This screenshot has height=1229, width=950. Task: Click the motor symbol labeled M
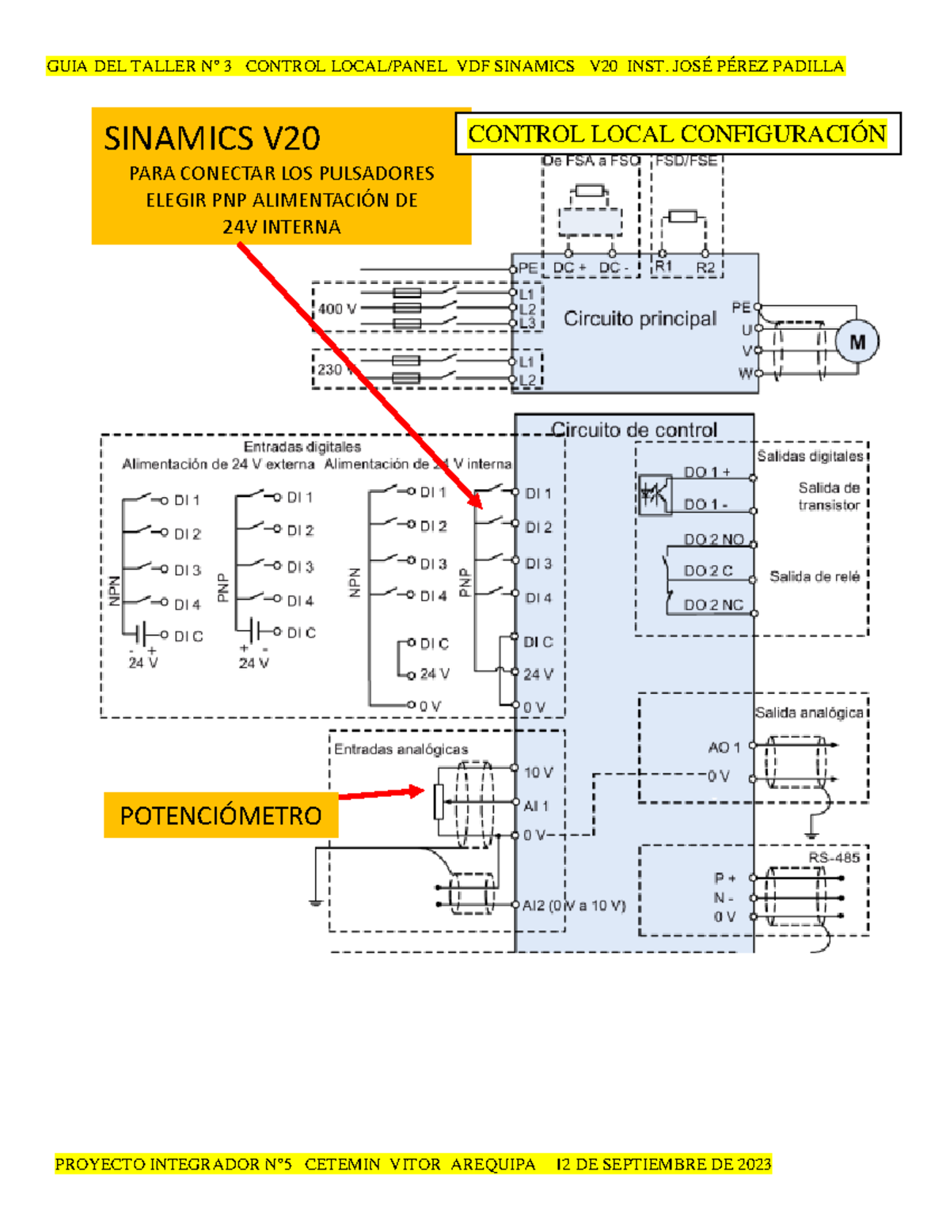click(x=857, y=342)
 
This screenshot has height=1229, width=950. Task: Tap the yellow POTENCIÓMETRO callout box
click(x=221, y=815)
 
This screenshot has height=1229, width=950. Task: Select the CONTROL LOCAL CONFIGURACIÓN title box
click(x=677, y=134)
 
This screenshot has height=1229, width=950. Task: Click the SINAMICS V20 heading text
click(x=212, y=138)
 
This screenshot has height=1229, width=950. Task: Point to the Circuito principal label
click(x=640, y=319)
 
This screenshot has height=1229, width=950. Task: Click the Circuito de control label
click(x=634, y=430)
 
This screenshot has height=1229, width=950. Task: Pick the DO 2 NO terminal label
click(x=713, y=539)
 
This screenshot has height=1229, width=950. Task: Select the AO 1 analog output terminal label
click(x=724, y=747)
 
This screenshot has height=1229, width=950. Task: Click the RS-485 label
click(x=834, y=858)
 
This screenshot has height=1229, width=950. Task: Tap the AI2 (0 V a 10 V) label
click(x=574, y=905)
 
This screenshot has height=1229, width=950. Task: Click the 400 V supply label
click(x=336, y=309)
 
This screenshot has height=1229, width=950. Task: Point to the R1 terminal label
click(x=663, y=267)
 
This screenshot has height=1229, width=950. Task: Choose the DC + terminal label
click(x=569, y=267)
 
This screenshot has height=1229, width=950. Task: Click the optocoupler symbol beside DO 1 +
click(x=655, y=495)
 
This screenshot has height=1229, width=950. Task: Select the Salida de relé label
click(x=814, y=577)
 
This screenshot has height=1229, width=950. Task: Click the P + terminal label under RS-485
click(x=724, y=878)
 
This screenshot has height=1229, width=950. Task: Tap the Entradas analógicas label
click(x=401, y=749)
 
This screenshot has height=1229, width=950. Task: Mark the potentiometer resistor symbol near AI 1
click(x=439, y=802)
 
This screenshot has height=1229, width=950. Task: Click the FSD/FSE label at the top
click(x=686, y=161)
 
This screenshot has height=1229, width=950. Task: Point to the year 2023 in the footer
click(x=754, y=1164)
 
